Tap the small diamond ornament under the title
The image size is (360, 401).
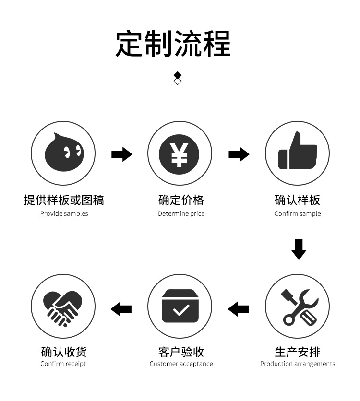pos(178,78)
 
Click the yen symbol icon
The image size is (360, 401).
pos(180,153)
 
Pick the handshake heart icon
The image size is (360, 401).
pos(63,307)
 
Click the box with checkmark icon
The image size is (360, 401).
pos(180,307)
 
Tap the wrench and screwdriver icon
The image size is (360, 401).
pos(298,307)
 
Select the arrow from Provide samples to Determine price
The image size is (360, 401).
pos(122,154)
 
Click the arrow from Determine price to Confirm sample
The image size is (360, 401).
pos(239,154)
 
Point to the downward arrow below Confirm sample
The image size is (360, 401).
pos(299,249)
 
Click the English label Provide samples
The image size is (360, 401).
pos(64,214)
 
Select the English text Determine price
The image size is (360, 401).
pos(181,214)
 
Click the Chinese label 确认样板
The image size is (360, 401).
pos(298,200)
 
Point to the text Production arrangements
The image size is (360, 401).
pos(298,364)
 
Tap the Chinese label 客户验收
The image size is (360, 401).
pos(181,352)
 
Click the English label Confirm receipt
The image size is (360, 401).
pos(63,364)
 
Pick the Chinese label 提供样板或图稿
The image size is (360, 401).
pos(64,200)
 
